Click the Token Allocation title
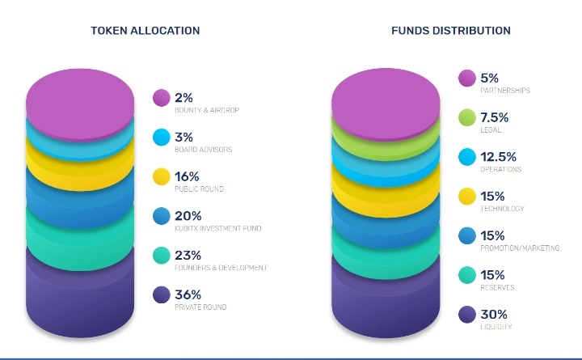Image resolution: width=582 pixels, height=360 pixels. click(145, 31)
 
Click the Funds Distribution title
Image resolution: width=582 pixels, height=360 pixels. click(450, 31)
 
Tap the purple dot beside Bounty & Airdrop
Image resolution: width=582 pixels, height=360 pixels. click(162, 99)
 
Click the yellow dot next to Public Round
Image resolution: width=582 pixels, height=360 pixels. click(162, 177)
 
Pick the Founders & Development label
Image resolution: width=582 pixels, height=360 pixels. click(221, 268)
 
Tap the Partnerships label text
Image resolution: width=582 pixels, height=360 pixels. click(505, 91)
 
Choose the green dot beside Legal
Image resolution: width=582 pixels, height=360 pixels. click(466, 118)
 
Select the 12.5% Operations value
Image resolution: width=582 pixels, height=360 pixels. click(499, 157)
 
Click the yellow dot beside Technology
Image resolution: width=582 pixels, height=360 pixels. click(466, 197)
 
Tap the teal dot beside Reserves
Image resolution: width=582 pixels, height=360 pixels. click(466, 275)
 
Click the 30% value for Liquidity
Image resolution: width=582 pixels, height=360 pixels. click(494, 314)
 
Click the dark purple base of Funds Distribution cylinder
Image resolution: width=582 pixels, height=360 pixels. click(386, 299)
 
